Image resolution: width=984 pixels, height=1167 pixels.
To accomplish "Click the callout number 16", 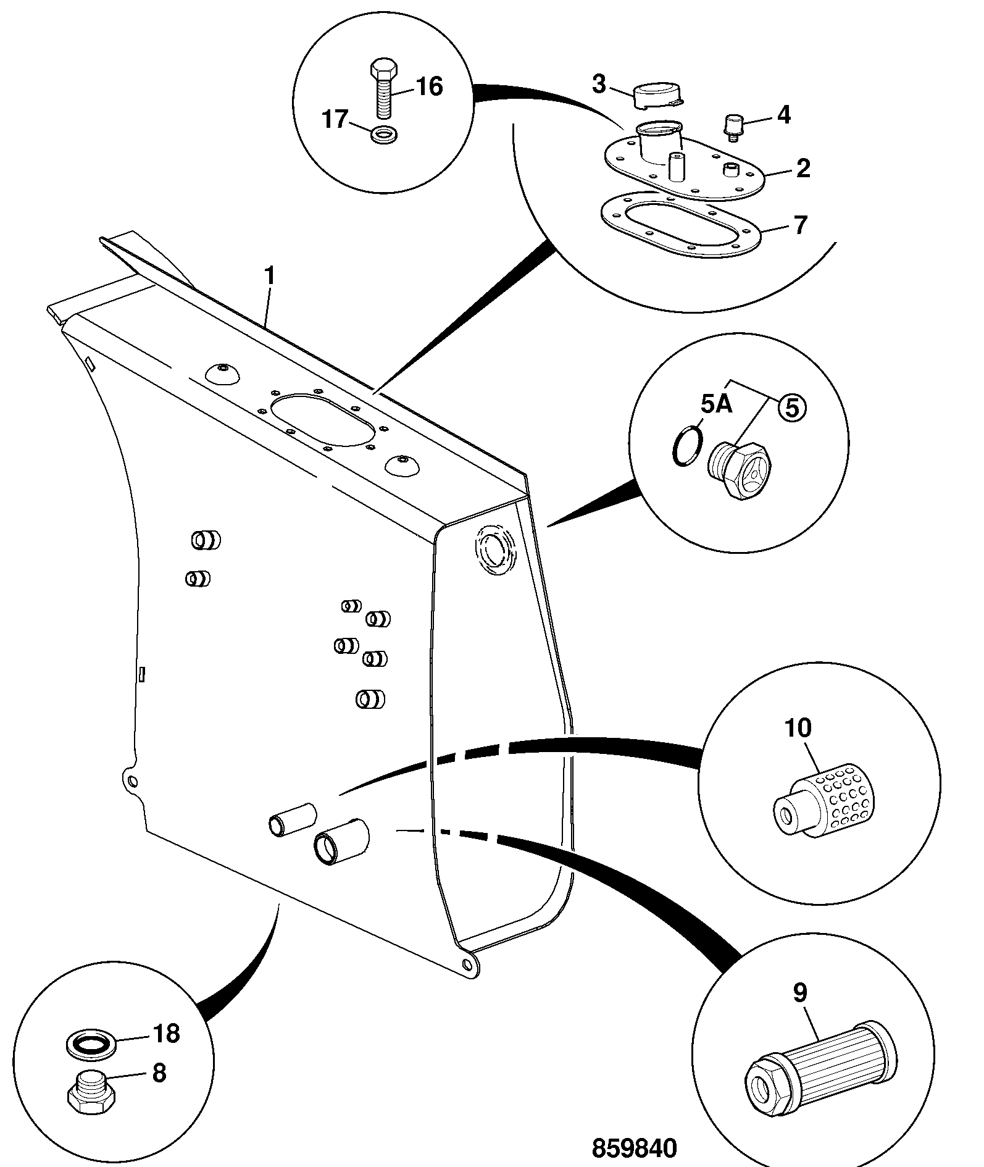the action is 429,86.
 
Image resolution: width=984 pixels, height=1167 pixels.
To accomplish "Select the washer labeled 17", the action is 386,133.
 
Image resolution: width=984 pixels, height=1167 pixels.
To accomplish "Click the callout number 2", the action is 803,168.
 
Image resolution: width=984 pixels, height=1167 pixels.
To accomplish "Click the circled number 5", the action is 792,408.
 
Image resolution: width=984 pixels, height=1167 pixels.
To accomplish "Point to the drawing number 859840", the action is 635,1148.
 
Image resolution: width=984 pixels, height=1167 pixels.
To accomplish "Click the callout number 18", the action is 165,1032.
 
